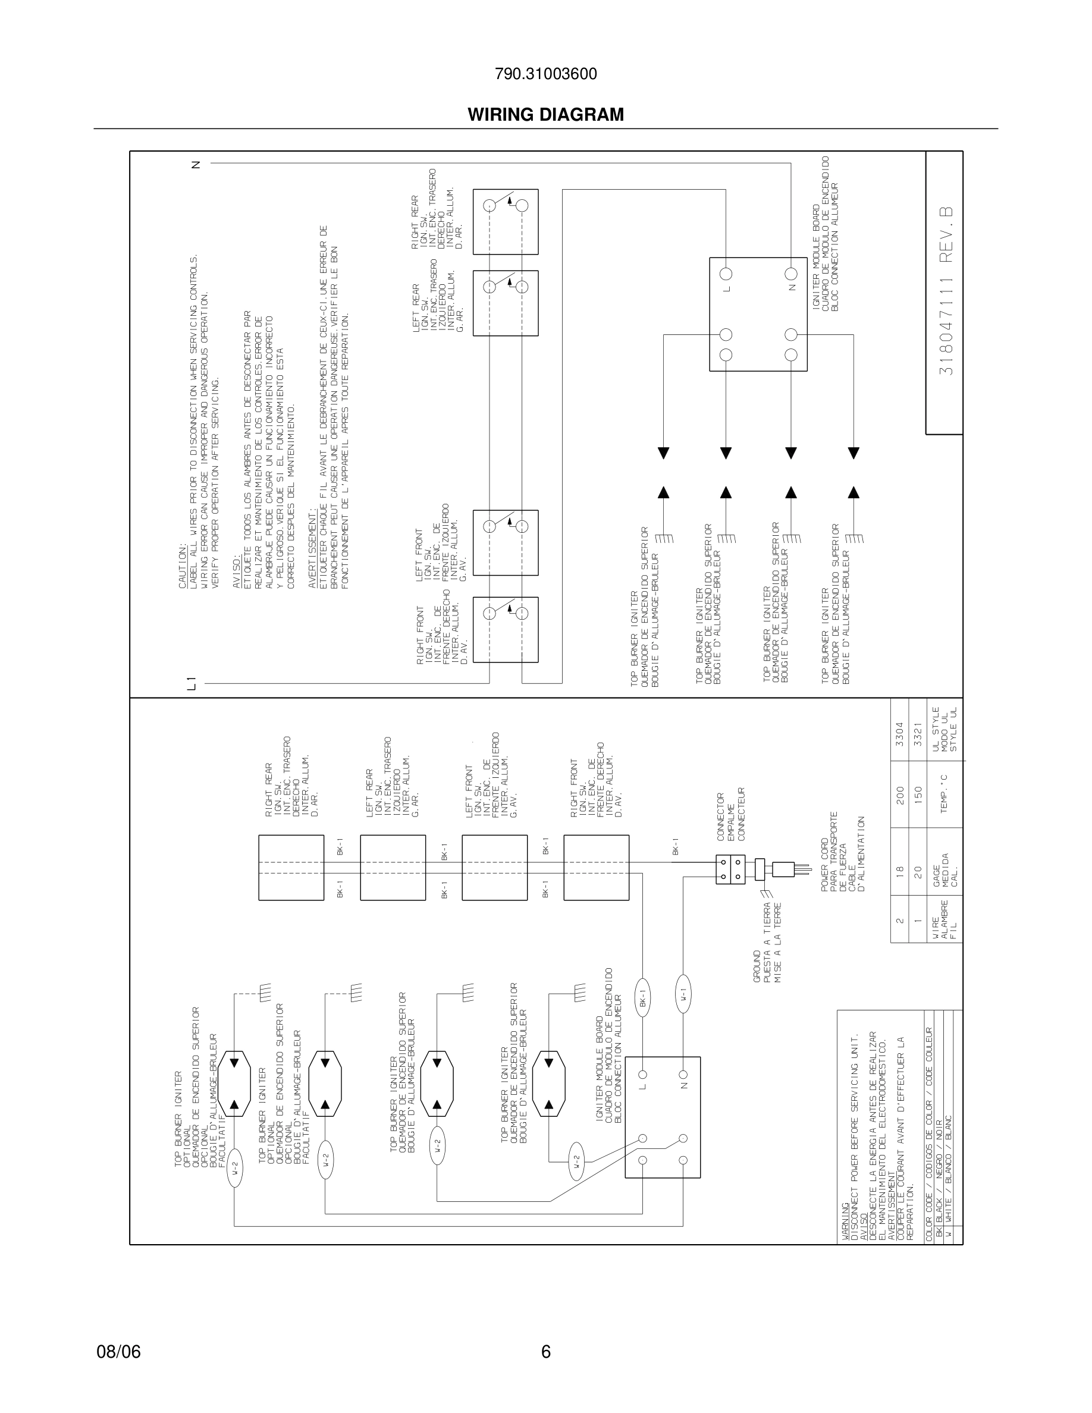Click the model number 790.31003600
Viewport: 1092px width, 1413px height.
tap(545, 74)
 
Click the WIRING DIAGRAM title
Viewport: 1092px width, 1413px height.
tap(545, 115)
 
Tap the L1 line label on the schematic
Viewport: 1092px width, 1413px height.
tap(191, 682)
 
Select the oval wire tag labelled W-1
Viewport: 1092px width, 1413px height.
tap(683, 998)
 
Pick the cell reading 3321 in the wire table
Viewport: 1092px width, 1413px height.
tap(917, 734)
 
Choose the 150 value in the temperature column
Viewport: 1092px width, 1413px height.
tap(917, 795)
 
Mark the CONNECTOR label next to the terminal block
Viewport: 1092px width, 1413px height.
tap(721, 817)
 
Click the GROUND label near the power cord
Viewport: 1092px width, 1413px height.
tap(758, 967)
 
